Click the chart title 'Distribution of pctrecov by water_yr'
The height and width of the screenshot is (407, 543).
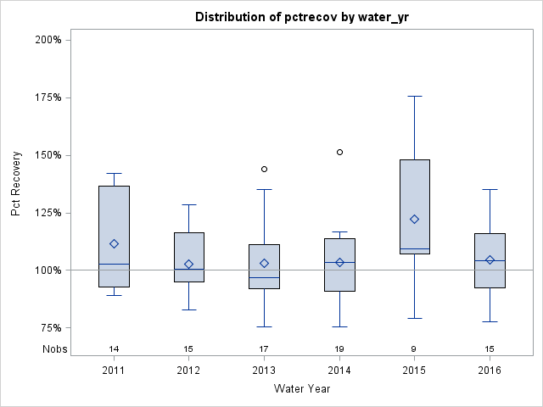pos(302,17)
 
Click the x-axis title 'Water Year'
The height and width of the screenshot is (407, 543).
pos(302,389)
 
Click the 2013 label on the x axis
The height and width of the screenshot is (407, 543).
pos(264,371)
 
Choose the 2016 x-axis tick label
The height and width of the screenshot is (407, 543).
pos(490,371)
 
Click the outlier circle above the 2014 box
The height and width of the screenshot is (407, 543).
pos(339,152)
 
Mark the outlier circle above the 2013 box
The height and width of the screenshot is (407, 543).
pos(264,169)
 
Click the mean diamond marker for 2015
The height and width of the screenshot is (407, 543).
pos(415,219)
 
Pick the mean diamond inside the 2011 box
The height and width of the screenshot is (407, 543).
pos(114,243)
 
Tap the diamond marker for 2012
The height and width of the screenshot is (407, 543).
pos(189,264)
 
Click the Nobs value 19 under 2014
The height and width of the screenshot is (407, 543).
pos(339,348)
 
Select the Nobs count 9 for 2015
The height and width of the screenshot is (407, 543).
pos(415,348)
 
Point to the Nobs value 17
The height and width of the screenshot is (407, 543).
pos(264,348)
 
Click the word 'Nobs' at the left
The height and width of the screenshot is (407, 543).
pos(52,348)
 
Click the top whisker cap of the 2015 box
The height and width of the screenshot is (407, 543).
pos(415,96)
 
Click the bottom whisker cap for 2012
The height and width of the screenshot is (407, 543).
pos(189,309)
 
